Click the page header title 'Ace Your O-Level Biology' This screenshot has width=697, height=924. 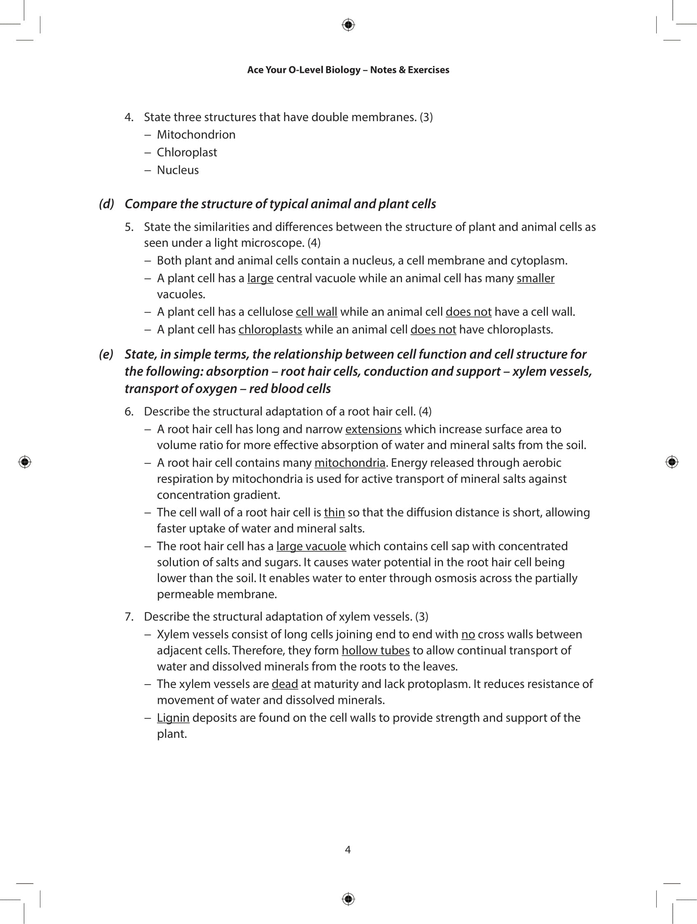click(348, 70)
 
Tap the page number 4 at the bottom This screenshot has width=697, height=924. click(348, 849)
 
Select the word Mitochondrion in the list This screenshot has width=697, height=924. click(196, 135)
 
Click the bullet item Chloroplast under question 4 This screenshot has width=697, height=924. click(187, 152)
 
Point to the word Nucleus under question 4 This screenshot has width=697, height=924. click(178, 170)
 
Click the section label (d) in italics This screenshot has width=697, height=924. click(107, 204)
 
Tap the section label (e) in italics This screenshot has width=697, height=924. click(106, 354)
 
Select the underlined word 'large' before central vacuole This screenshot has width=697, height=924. click(260, 278)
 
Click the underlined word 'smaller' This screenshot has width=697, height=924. click(536, 278)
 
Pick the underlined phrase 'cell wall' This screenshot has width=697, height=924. click(316, 311)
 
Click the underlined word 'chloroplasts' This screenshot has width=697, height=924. click(270, 330)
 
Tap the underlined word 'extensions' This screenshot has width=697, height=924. click(373, 429)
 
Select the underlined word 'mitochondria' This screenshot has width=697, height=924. click(350, 463)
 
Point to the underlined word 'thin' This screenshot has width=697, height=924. click(334, 512)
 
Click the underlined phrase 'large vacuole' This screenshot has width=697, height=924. click(311, 546)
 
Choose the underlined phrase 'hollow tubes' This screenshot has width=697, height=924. click(375, 650)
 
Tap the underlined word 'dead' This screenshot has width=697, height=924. click(284, 684)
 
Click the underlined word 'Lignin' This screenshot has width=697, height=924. click(173, 718)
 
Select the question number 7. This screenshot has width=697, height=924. click(129, 617)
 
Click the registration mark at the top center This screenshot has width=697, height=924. click(348, 25)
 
